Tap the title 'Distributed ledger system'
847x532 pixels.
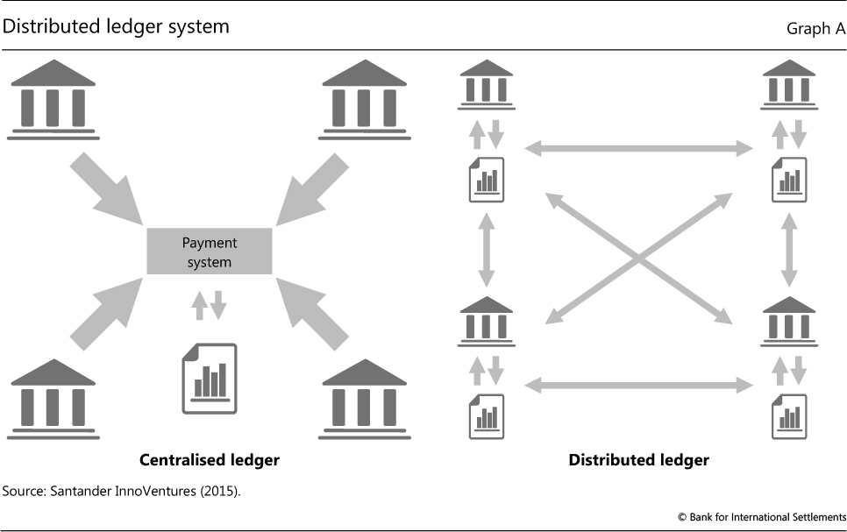(x=116, y=26)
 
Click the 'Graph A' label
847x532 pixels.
(x=815, y=29)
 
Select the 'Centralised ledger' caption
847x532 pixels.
(x=210, y=459)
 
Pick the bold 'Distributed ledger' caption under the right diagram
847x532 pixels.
(x=638, y=459)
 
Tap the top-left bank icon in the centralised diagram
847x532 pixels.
(x=53, y=98)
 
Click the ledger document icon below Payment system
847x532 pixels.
(x=209, y=378)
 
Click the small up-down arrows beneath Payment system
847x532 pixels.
(x=210, y=303)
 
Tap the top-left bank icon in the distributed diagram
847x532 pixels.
(x=487, y=84)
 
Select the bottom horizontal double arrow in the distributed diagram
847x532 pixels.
(x=637, y=384)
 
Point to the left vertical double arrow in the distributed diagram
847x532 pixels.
(x=486, y=248)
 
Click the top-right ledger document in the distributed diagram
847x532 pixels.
(x=789, y=179)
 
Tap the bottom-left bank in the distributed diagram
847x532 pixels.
(x=487, y=321)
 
